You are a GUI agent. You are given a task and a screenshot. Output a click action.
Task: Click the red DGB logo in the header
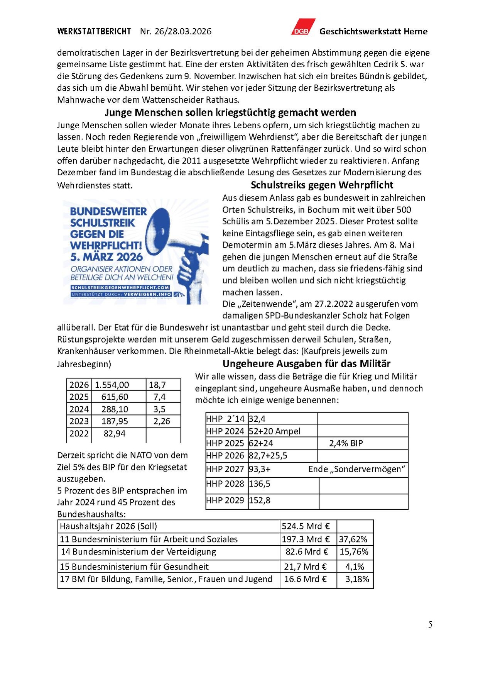click(x=303, y=27)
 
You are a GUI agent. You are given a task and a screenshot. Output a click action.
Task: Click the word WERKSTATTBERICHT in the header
click(x=94, y=31)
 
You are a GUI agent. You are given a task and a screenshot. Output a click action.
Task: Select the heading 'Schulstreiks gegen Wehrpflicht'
click(x=322, y=185)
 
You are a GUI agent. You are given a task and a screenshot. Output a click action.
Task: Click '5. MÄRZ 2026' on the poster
click(x=106, y=257)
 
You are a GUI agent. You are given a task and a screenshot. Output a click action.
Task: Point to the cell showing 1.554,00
click(x=112, y=385)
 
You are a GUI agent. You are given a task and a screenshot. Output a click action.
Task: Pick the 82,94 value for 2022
click(x=115, y=434)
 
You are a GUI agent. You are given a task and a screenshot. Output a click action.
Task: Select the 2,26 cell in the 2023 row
click(x=162, y=421)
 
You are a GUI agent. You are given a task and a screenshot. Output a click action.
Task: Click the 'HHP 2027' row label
click(x=225, y=469)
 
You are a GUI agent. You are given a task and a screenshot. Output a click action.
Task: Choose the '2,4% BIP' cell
click(x=346, y=443)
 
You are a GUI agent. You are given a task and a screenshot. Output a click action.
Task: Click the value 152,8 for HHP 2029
click(x=260, y=501)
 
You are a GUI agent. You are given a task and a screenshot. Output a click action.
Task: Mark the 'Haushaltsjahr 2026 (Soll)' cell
click(x=108, y=526)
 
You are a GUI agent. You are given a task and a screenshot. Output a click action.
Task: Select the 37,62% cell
click(x=353, y=540)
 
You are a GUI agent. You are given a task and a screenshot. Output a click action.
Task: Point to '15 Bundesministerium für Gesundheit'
click(x=134, y=567)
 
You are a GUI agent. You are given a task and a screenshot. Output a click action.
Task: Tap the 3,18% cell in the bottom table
click(x=357, y=579)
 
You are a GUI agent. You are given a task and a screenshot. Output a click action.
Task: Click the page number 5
click(x=430, y=624)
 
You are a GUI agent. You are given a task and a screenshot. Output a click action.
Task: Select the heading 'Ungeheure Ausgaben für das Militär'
click(x=306, y=364)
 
